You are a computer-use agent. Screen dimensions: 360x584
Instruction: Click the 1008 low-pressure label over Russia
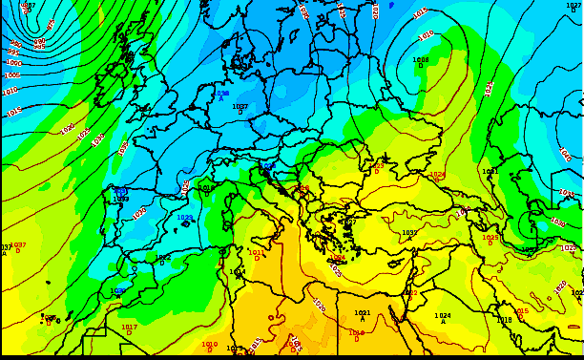(420, 60)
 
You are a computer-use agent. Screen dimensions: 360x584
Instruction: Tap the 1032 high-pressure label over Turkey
(409, 232)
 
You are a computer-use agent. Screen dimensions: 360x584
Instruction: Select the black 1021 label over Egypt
(363, 312)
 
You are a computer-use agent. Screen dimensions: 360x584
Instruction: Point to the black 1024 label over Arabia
(443, 316)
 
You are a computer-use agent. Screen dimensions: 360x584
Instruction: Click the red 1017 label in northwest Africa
(129, 327)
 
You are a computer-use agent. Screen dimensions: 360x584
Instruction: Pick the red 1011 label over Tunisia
(257, 253)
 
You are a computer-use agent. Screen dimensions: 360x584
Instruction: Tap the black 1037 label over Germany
(240, 107)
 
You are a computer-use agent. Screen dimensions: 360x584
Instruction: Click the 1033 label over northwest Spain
(121, 199)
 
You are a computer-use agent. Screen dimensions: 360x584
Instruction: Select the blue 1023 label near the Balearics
(184, 218)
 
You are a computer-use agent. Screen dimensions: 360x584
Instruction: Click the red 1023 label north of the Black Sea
(377, 166)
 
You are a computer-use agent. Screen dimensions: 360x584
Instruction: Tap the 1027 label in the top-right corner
(574, 5)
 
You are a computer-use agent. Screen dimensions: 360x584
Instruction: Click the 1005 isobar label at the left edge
(11, 75)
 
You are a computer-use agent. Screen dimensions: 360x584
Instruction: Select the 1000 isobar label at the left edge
(13, 63)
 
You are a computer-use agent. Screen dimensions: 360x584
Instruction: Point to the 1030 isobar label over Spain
(139, 212)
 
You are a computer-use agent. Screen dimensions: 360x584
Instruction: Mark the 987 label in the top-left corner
(28, 6)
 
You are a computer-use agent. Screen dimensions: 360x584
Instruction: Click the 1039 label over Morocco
(117, 290)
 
